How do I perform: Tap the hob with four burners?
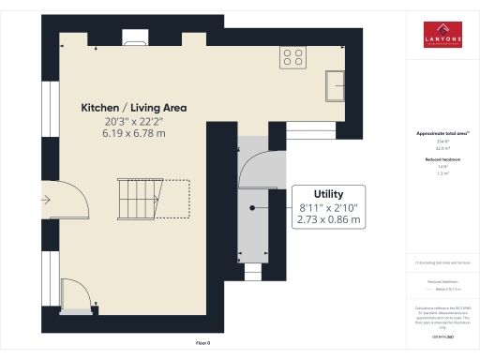(292, 57)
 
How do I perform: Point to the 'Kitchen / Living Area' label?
(133, 108)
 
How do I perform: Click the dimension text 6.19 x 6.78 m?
(133, 134)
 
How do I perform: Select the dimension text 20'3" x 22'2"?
(133, 122)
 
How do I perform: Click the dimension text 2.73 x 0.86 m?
(329, 220)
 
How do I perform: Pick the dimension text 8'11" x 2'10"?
(329, 207)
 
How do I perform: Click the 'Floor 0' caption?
(202, 344)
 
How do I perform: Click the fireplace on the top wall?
(136, 38)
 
